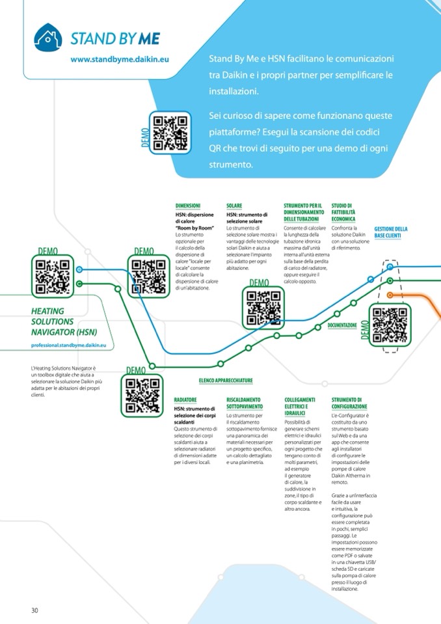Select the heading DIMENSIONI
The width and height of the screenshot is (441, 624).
coord(188,206)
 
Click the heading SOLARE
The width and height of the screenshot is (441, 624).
coord(234,206)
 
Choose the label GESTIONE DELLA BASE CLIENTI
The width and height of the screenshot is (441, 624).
coord(391,232)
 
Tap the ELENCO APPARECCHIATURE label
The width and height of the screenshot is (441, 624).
coord(225,380)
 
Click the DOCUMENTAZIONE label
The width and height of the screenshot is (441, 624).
coord(342,325)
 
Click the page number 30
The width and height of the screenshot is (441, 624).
coord(35,610)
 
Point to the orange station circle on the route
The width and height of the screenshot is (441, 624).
coord(390,295)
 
